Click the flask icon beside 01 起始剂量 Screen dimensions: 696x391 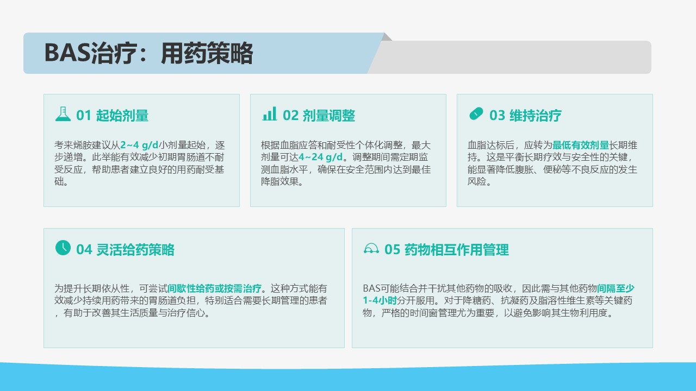(x=63, y=114)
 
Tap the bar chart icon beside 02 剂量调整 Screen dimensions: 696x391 (x=269, y=114)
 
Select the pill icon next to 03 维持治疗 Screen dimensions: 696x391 (x=476, y=113)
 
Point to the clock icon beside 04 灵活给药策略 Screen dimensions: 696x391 (x=63, y=248)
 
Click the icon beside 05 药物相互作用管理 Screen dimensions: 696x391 (x=371, y=249)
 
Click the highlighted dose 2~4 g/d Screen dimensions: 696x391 (x=139, y=145)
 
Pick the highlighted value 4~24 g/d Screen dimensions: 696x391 (x=321, y=157)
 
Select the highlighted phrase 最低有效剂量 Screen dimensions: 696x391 (x=580, y=145)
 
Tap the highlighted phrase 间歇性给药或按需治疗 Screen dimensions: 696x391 (x=214, y=288)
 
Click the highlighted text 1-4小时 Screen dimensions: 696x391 (x=380, y=300)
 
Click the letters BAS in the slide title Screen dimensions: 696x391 (x=67, y=53)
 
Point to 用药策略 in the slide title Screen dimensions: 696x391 (x=207, y=53)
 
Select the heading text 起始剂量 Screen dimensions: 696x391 (x=122, y=116)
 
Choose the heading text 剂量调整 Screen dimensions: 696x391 (x=329, y=116)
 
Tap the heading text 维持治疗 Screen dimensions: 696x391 (x=536, y=116)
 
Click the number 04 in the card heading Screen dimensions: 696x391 (x=84, y=250)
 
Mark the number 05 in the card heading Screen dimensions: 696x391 (x=392, y=250)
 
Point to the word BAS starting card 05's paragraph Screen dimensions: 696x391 (x=371, y=288)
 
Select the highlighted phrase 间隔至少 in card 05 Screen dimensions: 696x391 (x=616, y=288)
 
